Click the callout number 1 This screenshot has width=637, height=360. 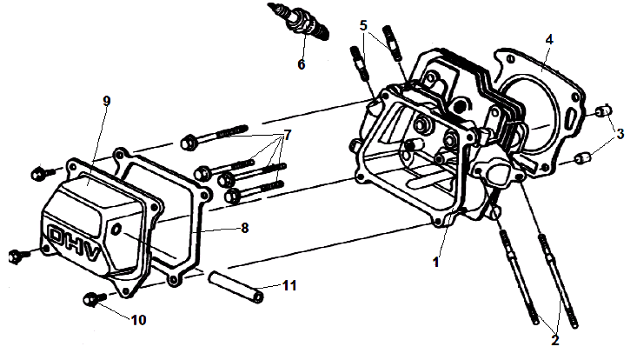point(437,259)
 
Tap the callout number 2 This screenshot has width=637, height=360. point(554,340)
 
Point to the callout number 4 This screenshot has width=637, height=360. point(548,39)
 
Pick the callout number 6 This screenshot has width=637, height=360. point(302,63)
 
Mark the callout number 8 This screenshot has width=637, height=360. point(244,229)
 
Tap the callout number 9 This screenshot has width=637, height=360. point(106,101)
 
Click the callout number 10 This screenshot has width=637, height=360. point(137,319)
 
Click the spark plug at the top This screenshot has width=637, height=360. point(301,23)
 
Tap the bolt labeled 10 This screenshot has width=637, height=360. point(90,301)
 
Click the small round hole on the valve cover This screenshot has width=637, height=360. point(117,230)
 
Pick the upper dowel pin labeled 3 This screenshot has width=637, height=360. point(601,112)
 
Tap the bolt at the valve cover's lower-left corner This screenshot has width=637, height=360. point(16,256)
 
